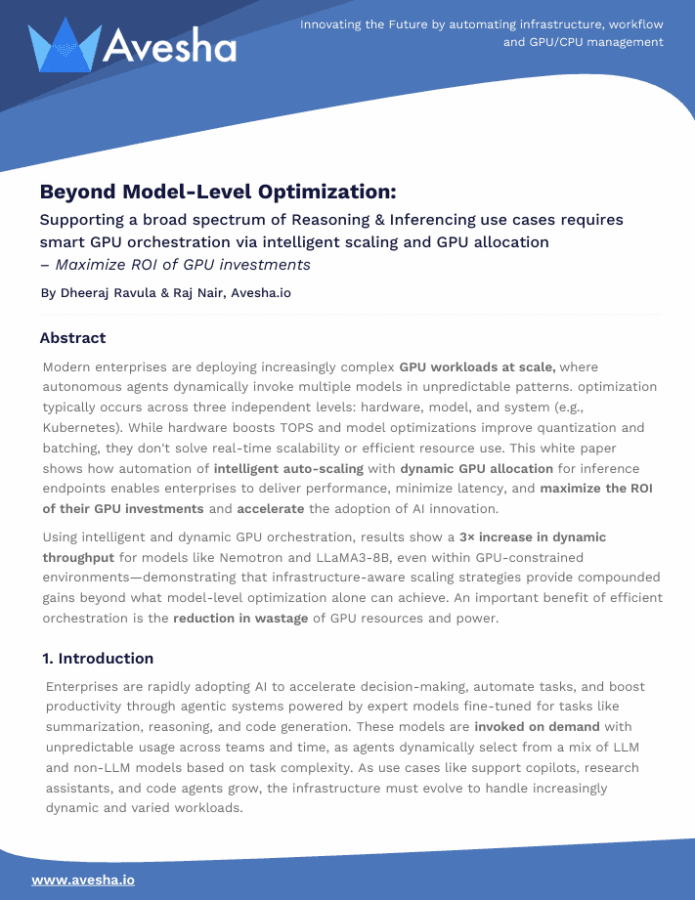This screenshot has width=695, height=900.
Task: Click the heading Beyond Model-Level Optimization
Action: click(217, 192)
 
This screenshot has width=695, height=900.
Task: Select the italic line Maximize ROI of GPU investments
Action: click(182, 265)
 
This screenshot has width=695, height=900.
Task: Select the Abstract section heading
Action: click(72, 338)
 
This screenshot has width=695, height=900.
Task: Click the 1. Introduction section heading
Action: click(97, 658)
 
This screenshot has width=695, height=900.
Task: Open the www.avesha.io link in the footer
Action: click(83, 879)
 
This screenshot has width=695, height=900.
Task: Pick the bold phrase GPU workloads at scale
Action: click(477, 367)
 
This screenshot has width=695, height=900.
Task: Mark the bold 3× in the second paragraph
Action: click(467, 537)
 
